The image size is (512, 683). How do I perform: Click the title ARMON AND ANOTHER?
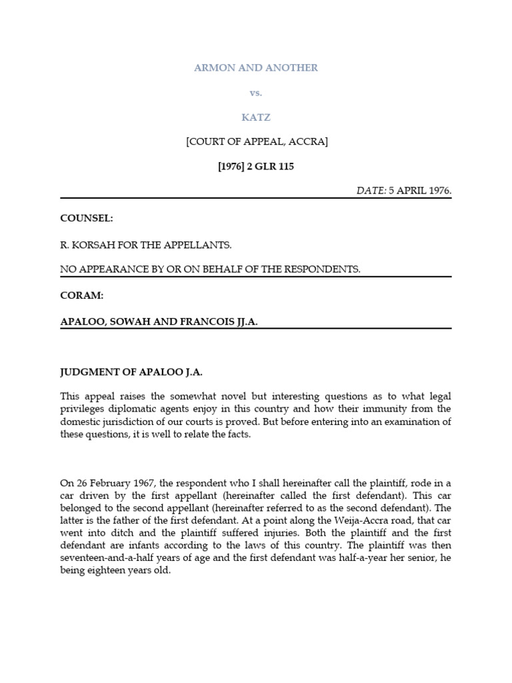click(x=255, y=68)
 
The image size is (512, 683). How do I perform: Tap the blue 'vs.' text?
click(x=255, y=93)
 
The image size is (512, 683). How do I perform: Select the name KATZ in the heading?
click(x=255, y=117)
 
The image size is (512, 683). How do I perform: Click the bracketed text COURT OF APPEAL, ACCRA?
click(x=255, y=142)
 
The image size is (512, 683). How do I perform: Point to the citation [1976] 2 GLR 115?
click(x=255, y=167)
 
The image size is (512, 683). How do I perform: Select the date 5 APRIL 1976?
click(x=421, y=191)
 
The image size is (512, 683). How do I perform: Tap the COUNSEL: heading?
click(x=83, y=218)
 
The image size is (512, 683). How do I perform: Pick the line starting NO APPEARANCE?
click(x=210, y=269)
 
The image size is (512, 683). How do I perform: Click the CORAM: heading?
click(x=80, y=295)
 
